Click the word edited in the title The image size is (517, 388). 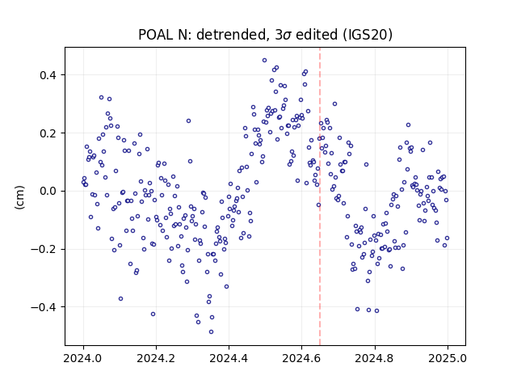pos(317,35)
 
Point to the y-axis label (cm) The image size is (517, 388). pos(19,197)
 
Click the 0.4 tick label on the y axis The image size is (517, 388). pos(48,75)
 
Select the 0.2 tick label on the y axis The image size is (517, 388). pos(48,133)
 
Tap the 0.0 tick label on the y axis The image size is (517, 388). pos(48,192)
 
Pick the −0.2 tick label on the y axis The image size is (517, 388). pos(44,250)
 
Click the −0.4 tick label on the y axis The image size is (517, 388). pos(44,307)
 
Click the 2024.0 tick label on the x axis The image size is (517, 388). pos(83,358)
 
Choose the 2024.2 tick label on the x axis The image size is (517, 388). pos(156,358)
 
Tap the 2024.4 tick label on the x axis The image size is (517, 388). pos(229,358)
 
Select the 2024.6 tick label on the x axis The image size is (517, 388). pos(301,358)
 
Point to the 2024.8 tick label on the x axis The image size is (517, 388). pos(375,358)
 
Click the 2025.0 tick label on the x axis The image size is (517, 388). pos(448,358)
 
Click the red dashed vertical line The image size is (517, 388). pos(320,196)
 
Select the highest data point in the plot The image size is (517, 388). pos(264,61)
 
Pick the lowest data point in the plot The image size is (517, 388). pos(211,332)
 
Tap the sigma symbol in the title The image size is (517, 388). pos(287,36)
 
